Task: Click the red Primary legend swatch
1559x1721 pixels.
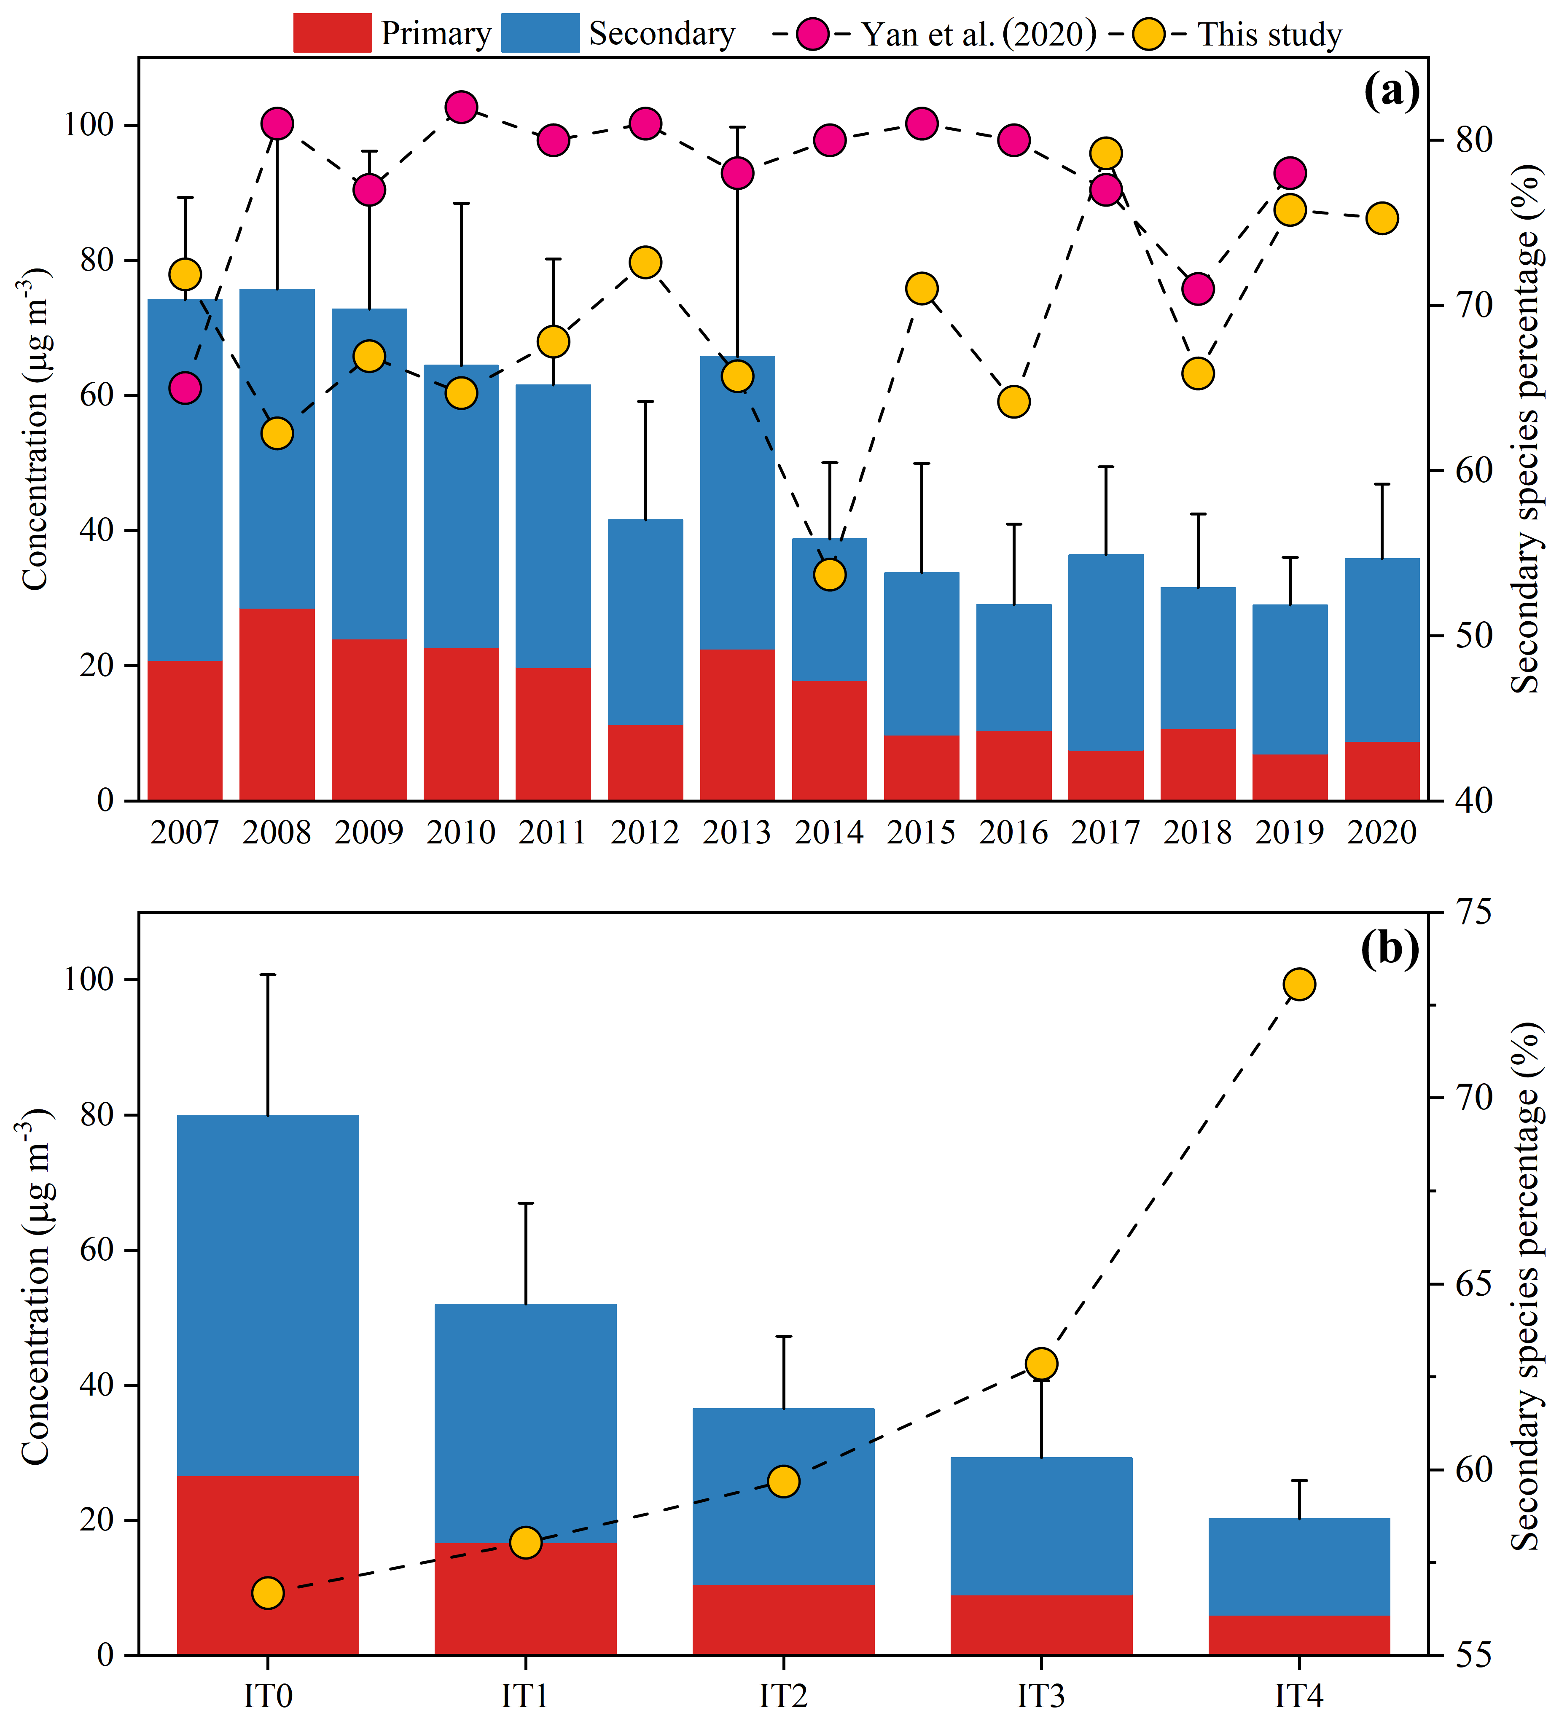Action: tap(332, 33)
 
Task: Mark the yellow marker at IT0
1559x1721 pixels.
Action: tap(268, 1593)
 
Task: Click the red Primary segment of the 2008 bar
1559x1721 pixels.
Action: tap(277, 704)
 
